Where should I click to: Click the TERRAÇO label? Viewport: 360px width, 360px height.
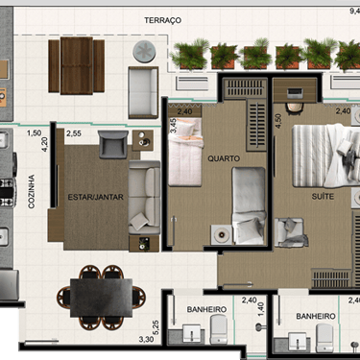pos(162,20)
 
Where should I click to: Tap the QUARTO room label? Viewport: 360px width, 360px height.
pos(224,158)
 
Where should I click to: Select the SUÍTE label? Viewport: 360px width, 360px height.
pos(323,196)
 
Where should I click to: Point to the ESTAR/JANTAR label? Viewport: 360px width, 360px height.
pos(95,197)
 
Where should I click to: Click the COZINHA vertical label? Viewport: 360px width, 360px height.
pos(32,192)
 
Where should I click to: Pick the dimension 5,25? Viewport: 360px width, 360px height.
pos(156,327)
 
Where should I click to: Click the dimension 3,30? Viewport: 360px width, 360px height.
pos(146,339)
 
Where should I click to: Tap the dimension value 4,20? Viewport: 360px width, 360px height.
pos(44,144)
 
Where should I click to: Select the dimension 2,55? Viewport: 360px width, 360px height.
pos(74,133)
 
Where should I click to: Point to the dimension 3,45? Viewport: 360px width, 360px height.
pos(173,126)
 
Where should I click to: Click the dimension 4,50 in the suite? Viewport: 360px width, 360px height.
pos(278,121)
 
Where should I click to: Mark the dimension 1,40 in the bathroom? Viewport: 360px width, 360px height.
pos(261,309)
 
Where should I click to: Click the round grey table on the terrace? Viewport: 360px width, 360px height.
pos(144,52)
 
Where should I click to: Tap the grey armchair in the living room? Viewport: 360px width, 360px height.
pos(113,144)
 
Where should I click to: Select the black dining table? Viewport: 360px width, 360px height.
pos(101,298)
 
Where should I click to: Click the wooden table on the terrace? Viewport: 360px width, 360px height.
pos(77,66)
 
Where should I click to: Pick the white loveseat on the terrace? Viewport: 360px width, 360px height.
pos(143,92)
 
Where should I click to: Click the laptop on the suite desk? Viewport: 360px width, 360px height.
pos(295,93)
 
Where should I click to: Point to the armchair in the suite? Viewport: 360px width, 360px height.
pos(291,232)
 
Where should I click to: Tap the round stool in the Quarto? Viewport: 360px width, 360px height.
pos(221,235)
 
